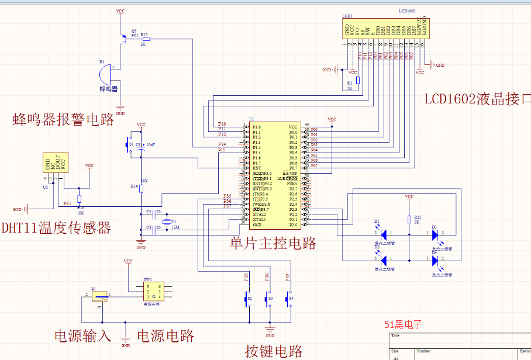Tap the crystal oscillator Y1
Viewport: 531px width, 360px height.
coord(166,221)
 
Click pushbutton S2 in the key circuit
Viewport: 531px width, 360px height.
coord(246,299)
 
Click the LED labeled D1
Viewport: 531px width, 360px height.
coord(383,234)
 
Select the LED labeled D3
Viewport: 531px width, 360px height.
coord(436,234)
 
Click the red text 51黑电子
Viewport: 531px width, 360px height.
coord(403,324)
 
